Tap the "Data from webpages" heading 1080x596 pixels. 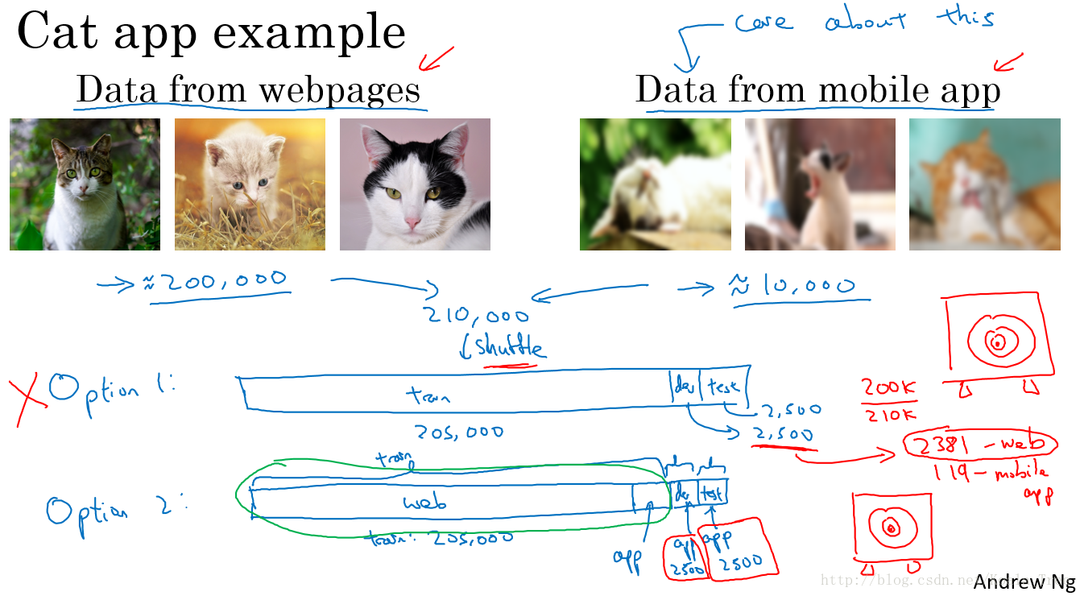[248, 89]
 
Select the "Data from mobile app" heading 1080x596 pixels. [817, 89]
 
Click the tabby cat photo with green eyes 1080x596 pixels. [85, 184]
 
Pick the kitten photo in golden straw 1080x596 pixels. [250, 184]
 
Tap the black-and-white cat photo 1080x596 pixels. [415, 184]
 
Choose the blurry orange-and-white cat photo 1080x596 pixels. [984, 184]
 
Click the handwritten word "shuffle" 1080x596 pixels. [511, 348]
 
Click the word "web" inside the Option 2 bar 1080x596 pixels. [424, 503]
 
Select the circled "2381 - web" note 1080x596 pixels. [979, 443]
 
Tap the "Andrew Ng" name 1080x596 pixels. [1023, 582]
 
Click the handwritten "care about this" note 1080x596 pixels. [862, 20]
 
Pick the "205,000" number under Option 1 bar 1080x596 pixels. [458, 432]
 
